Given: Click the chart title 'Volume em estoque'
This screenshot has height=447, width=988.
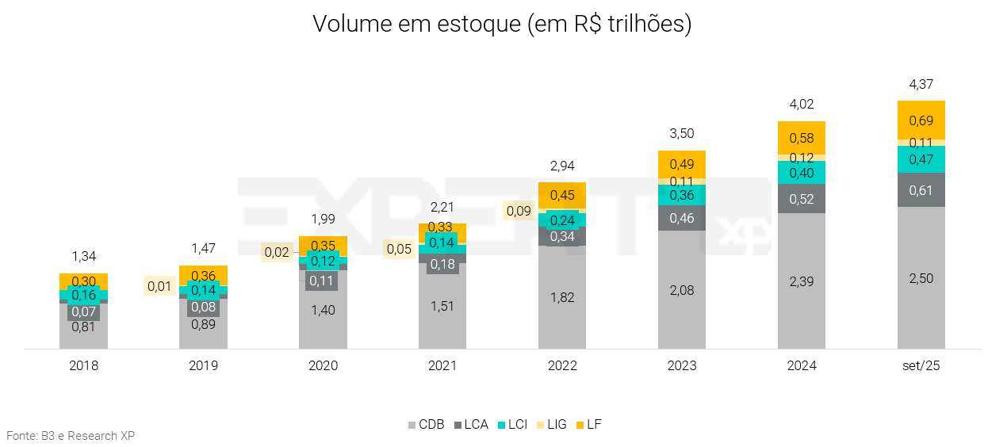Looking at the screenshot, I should tap(502, 24).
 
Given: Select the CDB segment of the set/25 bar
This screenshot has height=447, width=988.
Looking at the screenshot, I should tap(921, 277).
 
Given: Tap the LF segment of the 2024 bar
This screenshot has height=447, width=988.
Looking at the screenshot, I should tap(802, 138).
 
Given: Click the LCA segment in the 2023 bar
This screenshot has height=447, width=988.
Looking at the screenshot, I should tap(682, 218).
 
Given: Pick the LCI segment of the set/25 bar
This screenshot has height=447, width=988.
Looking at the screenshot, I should tap(921, 159).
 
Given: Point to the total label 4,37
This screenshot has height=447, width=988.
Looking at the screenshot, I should tap(921, 84).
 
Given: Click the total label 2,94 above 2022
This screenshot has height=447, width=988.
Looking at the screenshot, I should tap(562, 166).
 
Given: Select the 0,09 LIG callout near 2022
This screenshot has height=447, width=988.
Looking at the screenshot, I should tap(519, 212).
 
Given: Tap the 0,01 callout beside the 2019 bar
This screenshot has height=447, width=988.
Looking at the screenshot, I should tap(159, 286).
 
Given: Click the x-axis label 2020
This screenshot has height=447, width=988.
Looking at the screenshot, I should tap(323, 366).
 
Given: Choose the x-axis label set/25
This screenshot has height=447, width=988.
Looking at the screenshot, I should tap(921, 366).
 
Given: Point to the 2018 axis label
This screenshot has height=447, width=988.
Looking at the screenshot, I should tap(83, 366).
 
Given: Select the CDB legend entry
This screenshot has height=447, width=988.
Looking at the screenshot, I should tap(426, 425).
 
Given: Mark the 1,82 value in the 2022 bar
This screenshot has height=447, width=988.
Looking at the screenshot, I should tap(562, 298).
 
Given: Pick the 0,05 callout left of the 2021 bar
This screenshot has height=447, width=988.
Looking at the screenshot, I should tap(399, 249).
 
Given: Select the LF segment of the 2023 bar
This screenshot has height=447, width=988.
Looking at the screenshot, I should tap(682, 163).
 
